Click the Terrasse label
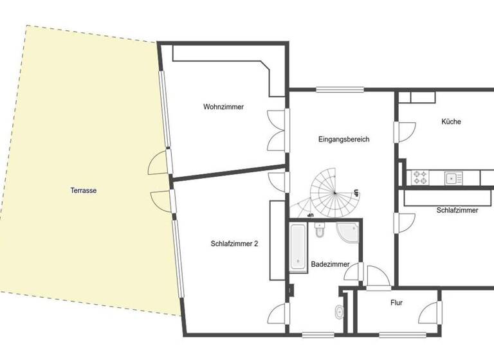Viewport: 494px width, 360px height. [x=84, y=190]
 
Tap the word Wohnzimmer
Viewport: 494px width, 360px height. [x=223, y=107]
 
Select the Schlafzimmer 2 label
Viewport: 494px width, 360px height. [x=234, y=244]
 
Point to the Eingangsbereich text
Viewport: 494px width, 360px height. [x=343, y=139]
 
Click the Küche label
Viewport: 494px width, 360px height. [x=451, y=122]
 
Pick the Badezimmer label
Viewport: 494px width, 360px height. [x=330, y=264]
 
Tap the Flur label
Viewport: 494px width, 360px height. [x=396, y=302]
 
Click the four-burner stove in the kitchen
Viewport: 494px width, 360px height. [x=420, y=177]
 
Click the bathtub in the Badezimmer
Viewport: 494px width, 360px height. [x=298, y=247]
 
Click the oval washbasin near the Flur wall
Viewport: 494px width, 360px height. [x=339, y=312]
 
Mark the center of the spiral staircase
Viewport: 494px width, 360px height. [x=333, y=191]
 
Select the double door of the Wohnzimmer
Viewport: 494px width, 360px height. [x=277, y=130]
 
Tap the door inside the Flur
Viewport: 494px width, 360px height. [x=428, y=312]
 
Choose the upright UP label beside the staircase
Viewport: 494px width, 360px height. [x=356, y=192]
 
